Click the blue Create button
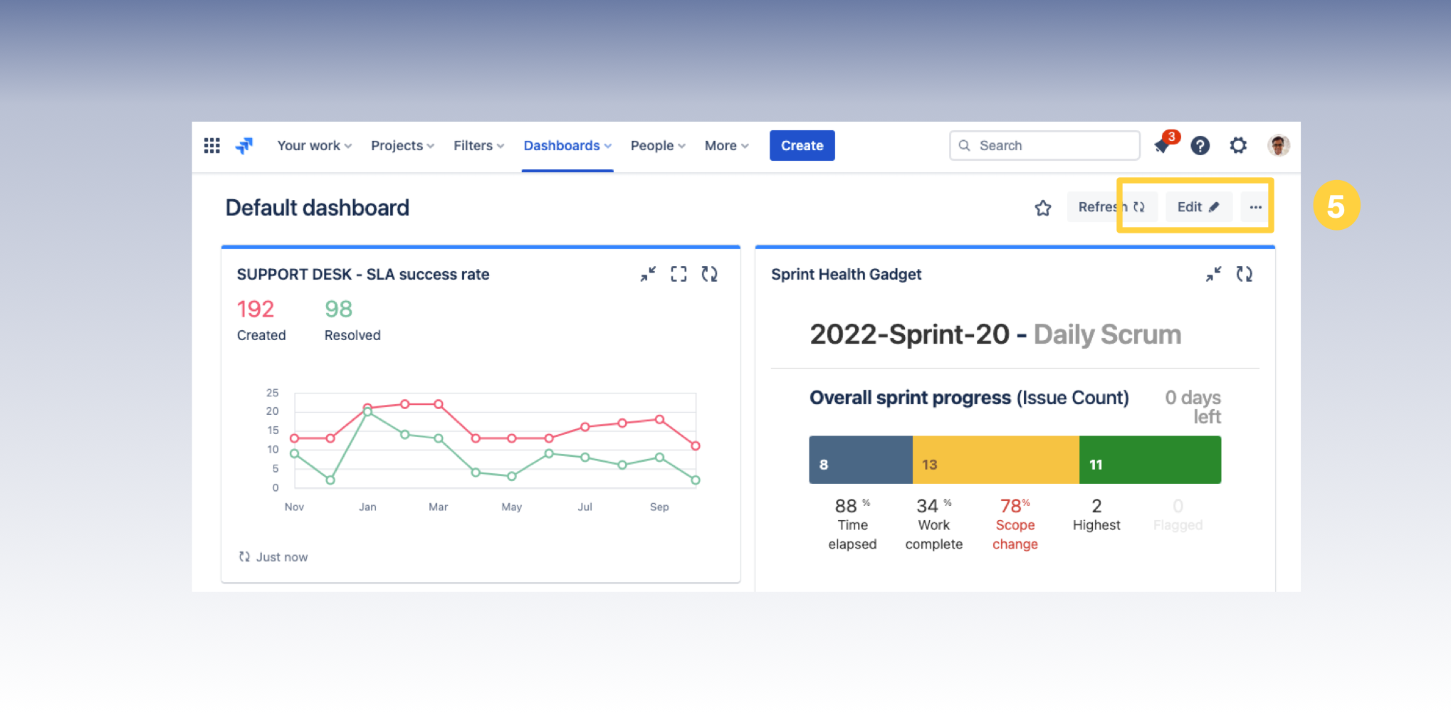pos(802,146)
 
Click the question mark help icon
pos(1200,146)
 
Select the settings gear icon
pos(1238,146)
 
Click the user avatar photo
pos(1278,146)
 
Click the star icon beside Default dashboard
pos(1043,208)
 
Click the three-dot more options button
pos(1255,207)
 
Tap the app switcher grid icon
pos(211,146)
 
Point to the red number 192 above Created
pos(256,309)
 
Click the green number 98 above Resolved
pos(338,309)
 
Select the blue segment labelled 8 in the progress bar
pos(860,460)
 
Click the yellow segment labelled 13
pos(995,460)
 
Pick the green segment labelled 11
pos(1149,460)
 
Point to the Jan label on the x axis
pos(367,507)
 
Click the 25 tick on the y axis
pos(273,393)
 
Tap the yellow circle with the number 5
pos(1336,206)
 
